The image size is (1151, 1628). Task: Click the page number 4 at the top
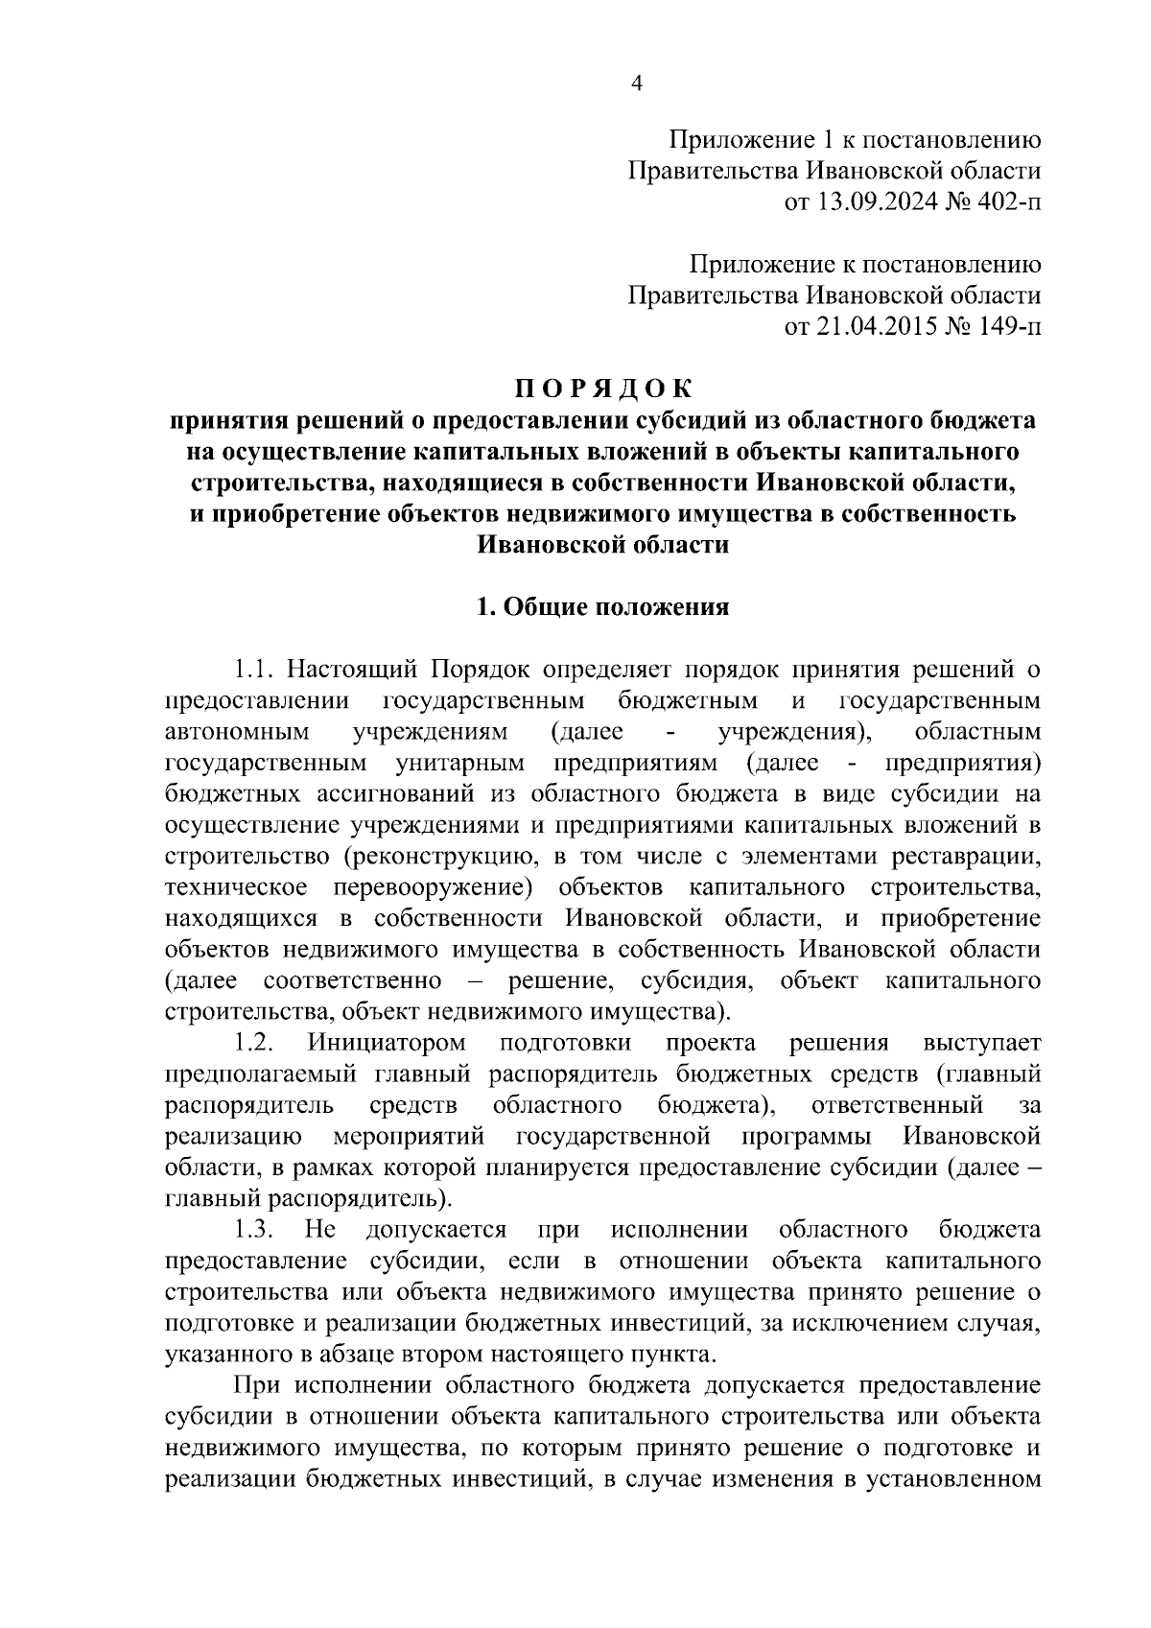(x=635, y=84)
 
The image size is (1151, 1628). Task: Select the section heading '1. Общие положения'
(x=603, y=607)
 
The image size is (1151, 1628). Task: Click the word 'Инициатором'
(x=388, y=1043)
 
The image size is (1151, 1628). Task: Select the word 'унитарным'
(x=459, y=763)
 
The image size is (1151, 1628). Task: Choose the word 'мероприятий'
(x=409, y=1137)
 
